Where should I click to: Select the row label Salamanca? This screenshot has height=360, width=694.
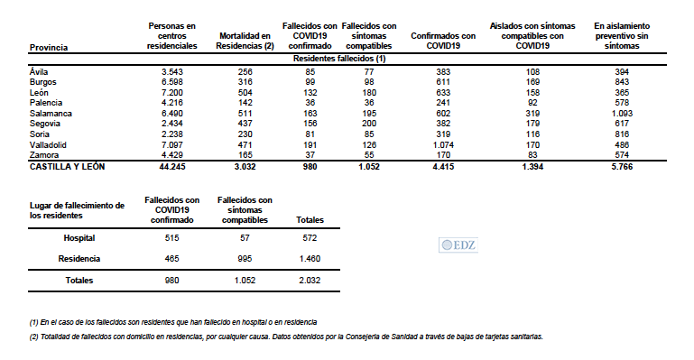(50, 114)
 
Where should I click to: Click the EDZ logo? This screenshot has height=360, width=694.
(458, 244)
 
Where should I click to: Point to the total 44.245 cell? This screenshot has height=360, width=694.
(171, 167)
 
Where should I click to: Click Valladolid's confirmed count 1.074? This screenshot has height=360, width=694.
(443, 145)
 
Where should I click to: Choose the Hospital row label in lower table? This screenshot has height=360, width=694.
(79, 238)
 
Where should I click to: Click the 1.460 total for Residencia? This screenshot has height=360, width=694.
(310, 258)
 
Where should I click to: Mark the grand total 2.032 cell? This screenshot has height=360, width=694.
(310, 281)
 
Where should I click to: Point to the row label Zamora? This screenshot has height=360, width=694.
(44, 155)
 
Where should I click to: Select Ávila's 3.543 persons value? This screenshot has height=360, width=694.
(171, 71)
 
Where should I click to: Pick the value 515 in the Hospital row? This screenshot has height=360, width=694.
(172, 238)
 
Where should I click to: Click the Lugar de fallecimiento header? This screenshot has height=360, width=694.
(77, 211)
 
